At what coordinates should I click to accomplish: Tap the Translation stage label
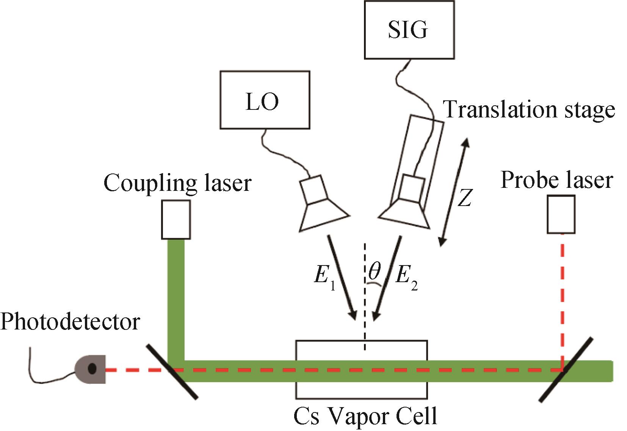(529, 109)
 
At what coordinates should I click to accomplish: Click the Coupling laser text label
(177, 183)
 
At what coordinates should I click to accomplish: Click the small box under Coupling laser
(176, 220)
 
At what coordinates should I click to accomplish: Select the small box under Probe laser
(561, 214)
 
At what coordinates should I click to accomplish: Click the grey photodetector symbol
(90, 368)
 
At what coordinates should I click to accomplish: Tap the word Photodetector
(70, 322)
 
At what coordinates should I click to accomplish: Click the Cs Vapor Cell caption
(365, 417)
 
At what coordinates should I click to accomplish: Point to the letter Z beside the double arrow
(464, 197)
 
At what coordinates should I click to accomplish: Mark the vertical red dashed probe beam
(562, 299)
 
